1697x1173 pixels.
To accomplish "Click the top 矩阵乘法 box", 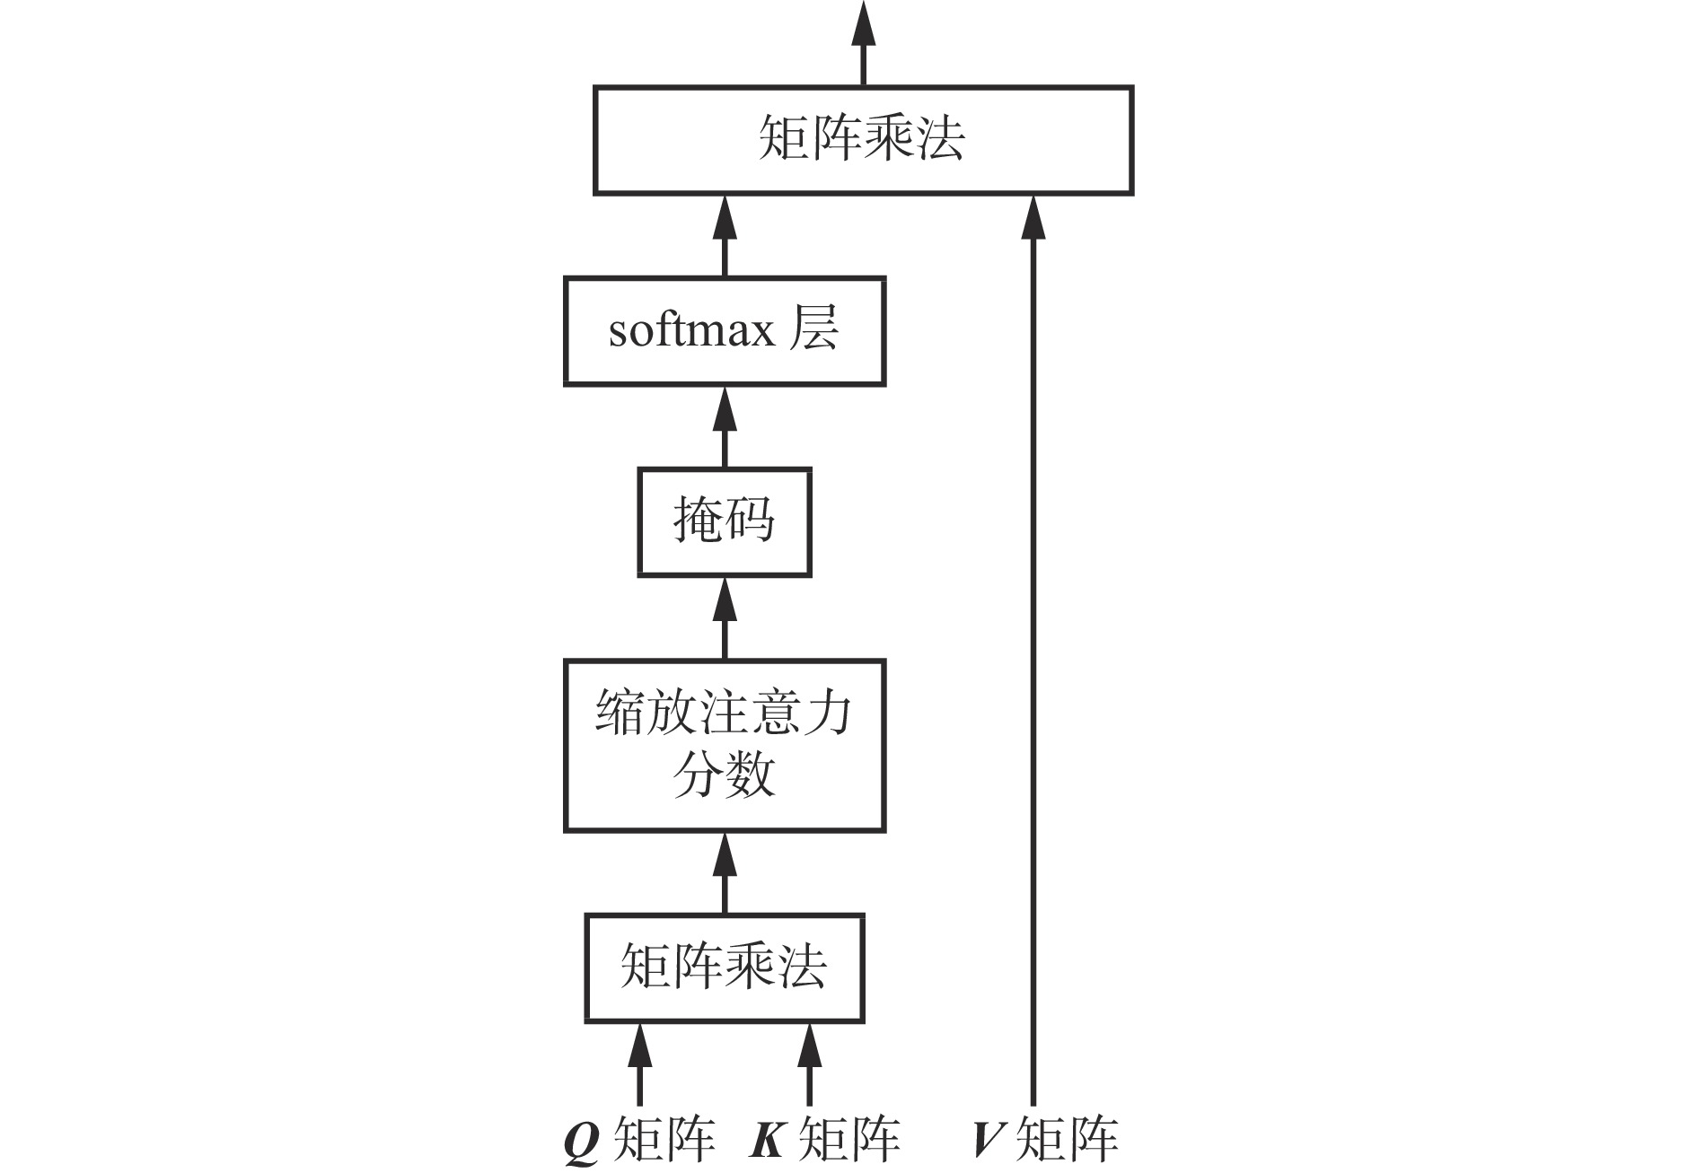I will [862, 140].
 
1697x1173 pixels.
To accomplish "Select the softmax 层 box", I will [724, 331].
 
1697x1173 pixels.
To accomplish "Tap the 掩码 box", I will [724, 521].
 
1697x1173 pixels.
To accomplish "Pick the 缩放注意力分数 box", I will [724, 746].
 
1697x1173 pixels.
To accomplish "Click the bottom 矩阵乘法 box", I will [724, 968].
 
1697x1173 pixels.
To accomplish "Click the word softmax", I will [691, 331].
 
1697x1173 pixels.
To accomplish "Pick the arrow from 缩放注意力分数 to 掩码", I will [725, 618].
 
